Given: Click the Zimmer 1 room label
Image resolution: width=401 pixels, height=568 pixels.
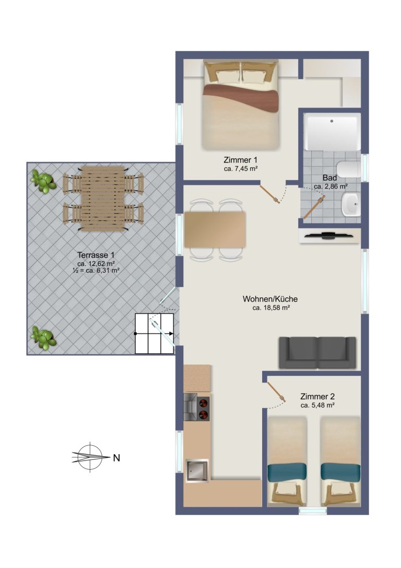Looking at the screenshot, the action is pyautogui.click(x=240, y=160).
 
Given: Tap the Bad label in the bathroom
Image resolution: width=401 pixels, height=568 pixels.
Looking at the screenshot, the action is pyautogui.click(x=329, y=178).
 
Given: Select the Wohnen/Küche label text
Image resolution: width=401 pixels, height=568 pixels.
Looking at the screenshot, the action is pyautogui.click(x=270, y=299).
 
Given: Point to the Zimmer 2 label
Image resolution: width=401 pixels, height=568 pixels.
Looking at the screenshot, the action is pyautogui.click(x=317, y=397).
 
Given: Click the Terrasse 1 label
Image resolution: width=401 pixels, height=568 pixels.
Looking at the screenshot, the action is pyautogui.click(x=96, y=256).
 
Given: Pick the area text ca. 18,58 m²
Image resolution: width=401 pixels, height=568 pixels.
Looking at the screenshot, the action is pyautogui.click(x=271, y=308).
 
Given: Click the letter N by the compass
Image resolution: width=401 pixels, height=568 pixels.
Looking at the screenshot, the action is pyautogui.click(x=116, y=458).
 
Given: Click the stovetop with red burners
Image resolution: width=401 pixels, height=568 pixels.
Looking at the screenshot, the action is pyautogui.click(x=204, y=408).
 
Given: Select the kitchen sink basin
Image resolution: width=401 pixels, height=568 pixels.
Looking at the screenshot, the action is pyautogui.click(x=197, y=470).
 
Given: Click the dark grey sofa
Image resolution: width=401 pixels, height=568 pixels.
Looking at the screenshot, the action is pyautogui.click(x=317, y=353).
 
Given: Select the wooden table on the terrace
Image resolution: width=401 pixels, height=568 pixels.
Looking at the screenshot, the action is pyautogui.click(x=103, y=199).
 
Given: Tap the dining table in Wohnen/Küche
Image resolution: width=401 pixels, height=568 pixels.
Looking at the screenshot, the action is pyautogui.click(x=215, y=230).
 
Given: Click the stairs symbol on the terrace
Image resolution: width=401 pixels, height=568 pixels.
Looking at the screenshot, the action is pyautogui.click(x=155, y=333).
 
